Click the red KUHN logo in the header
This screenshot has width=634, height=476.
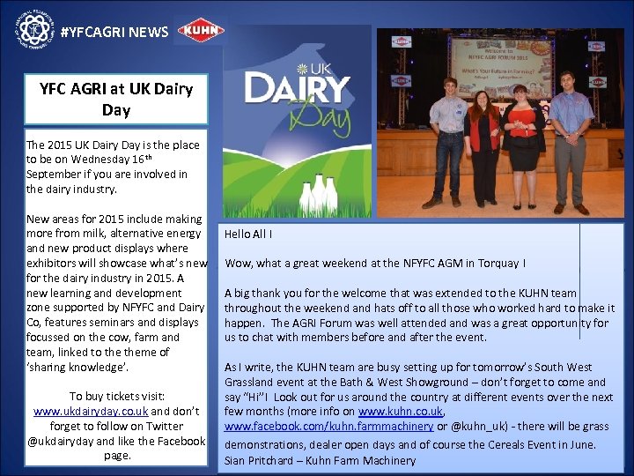[x=201, y=32]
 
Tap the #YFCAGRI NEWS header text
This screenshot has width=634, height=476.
[x=114, y=33]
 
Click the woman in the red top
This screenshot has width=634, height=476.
[x=526, y=141]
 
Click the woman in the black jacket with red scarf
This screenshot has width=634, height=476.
[x=483, y=145]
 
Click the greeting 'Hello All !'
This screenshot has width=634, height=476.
[x=248, y=234]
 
